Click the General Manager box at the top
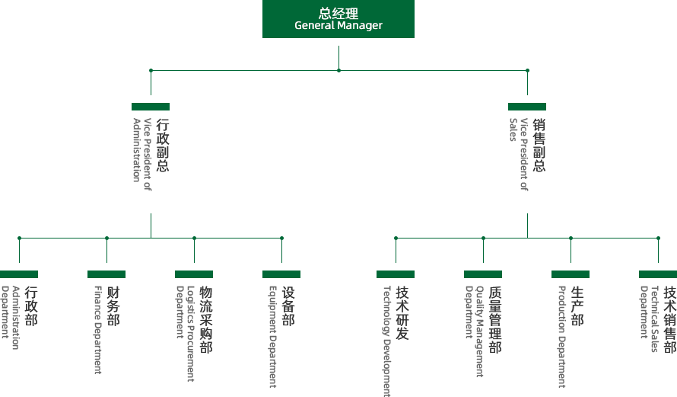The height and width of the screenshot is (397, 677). (338, 19)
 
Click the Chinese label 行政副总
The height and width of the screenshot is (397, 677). (162, 145)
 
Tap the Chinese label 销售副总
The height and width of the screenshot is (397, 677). (539, 145)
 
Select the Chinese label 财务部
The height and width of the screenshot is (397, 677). (113, 306)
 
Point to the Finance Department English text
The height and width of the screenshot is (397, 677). (97, 330)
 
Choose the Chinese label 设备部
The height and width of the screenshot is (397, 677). (288, 306)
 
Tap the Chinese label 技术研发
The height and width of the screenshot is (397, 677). (402, 313)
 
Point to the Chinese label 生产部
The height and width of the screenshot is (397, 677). (577, 306)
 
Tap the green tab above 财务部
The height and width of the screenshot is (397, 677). (106, 274)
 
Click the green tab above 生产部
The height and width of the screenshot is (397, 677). (571, 274)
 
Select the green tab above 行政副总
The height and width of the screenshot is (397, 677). (151, 107)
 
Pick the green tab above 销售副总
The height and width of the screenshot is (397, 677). (527, 107)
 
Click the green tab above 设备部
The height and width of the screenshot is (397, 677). (281, 274)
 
